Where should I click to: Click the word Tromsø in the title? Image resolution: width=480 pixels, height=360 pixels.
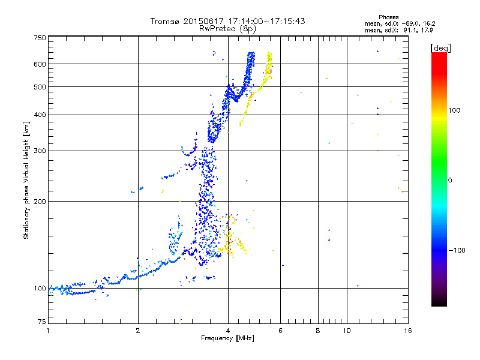(x=165, y=21)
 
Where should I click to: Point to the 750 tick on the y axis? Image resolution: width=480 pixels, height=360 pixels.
(x=40, y=37)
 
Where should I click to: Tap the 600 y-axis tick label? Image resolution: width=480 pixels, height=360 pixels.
(x=40, y=64)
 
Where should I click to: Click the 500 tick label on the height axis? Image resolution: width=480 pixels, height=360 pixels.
(x=40, y=86)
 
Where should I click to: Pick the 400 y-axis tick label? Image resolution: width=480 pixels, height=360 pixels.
(x=40, y=115)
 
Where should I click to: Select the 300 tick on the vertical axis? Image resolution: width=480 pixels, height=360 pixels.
(x=40, y=151)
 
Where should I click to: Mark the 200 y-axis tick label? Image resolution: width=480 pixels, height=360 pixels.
(x=40, y=201)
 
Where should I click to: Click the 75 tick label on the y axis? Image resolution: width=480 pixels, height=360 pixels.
(x=41, y=323)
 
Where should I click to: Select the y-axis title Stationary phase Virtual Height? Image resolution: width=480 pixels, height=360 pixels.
(x=26, y=180)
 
